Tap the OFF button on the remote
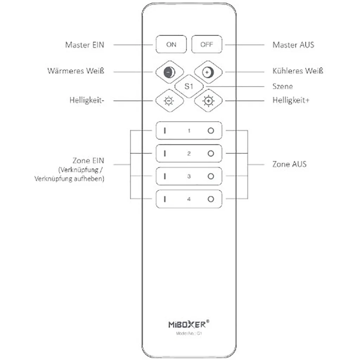207,44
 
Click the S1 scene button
189,86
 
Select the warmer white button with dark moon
169,72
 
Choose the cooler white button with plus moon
208,72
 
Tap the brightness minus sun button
169,101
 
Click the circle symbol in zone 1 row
211,131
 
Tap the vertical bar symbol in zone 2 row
165,153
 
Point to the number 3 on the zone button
189,176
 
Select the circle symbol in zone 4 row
211,199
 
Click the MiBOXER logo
189,324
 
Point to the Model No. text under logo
189,333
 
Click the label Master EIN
84,45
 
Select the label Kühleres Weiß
298,71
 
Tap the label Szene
283,86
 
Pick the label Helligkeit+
291,100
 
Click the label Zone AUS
289,164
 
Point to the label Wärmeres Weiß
76,71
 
